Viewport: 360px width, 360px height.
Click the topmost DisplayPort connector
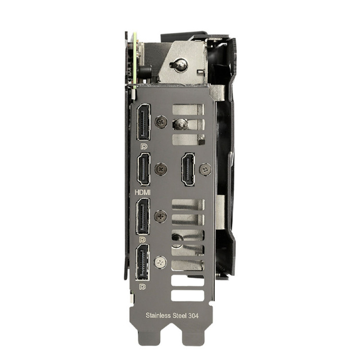coord(144,122)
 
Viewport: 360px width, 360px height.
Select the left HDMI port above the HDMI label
coord(144,169)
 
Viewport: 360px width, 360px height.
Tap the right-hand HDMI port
coord(188,169)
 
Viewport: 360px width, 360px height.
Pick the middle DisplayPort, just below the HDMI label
coord(143,216)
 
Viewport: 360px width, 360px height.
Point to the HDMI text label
coord(143,192)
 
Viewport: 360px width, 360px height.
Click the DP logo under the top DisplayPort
coord(144,146)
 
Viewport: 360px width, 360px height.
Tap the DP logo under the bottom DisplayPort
coord(143,287)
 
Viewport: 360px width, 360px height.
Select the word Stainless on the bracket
coord(158,315)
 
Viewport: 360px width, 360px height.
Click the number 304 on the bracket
coord(193,316)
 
